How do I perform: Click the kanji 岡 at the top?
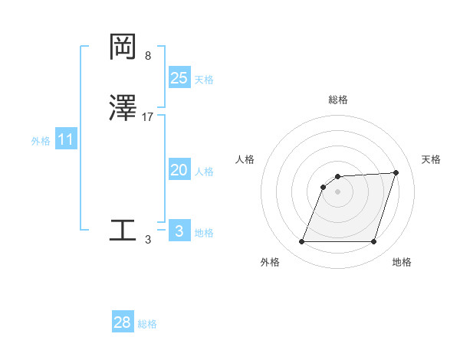pos(123,47)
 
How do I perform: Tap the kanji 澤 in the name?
pos(123,109)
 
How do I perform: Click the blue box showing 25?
pos(179,77)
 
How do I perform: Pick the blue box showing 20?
pos(179,170)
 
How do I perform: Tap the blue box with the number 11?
pos(66,140)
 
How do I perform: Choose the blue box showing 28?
pos(123,322)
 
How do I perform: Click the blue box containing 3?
pos(179,231)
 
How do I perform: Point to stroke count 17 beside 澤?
pos(148,117)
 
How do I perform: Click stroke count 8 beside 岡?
pos(148,56)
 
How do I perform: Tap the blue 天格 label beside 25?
pos(204,80)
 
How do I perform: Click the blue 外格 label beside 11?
pos(41,142)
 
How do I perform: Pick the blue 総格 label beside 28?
pos(147,325)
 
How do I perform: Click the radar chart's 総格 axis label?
pos(338,100)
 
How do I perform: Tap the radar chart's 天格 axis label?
pos(432,159)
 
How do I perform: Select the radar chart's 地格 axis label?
pos(402,262)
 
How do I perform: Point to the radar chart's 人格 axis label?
pos(245,159)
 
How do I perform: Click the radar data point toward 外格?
pos(302,242)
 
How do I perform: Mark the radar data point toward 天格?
pos(396,172)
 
